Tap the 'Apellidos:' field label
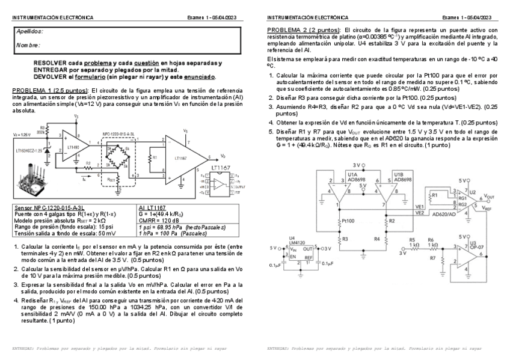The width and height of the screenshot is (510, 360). point(30,31)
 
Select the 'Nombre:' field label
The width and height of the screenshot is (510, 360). point(28,45)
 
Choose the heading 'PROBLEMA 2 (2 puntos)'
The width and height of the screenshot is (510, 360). point(304,29)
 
